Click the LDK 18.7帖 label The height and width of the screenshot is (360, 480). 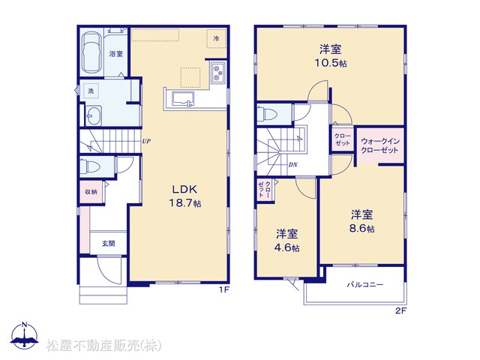(186, 196)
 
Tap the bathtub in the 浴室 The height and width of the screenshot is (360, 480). (91, 52)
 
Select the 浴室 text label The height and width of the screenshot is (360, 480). (116, 54)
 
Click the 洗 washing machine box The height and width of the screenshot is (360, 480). (91, 91)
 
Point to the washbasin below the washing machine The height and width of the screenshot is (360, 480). (93, 115)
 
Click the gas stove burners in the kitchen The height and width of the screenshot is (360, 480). (217, 73)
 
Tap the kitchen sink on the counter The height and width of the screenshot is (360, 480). (183, 99)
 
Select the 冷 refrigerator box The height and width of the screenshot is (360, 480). (217, 38)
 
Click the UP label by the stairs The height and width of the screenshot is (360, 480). (146, 141)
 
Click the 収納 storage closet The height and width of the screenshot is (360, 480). (91, 192)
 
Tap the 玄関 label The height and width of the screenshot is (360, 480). (109, 244)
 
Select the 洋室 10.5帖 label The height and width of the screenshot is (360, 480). (331, 55)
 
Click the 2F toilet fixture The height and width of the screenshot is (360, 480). (267, 114)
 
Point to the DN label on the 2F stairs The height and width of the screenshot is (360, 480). (293, 165)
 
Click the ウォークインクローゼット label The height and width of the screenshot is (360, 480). (380, 145)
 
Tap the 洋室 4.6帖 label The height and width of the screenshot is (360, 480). (286, 240)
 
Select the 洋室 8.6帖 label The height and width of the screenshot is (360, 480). (361, 221)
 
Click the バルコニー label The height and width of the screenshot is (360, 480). (365, 285)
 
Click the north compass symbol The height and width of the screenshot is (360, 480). (25, 335)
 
